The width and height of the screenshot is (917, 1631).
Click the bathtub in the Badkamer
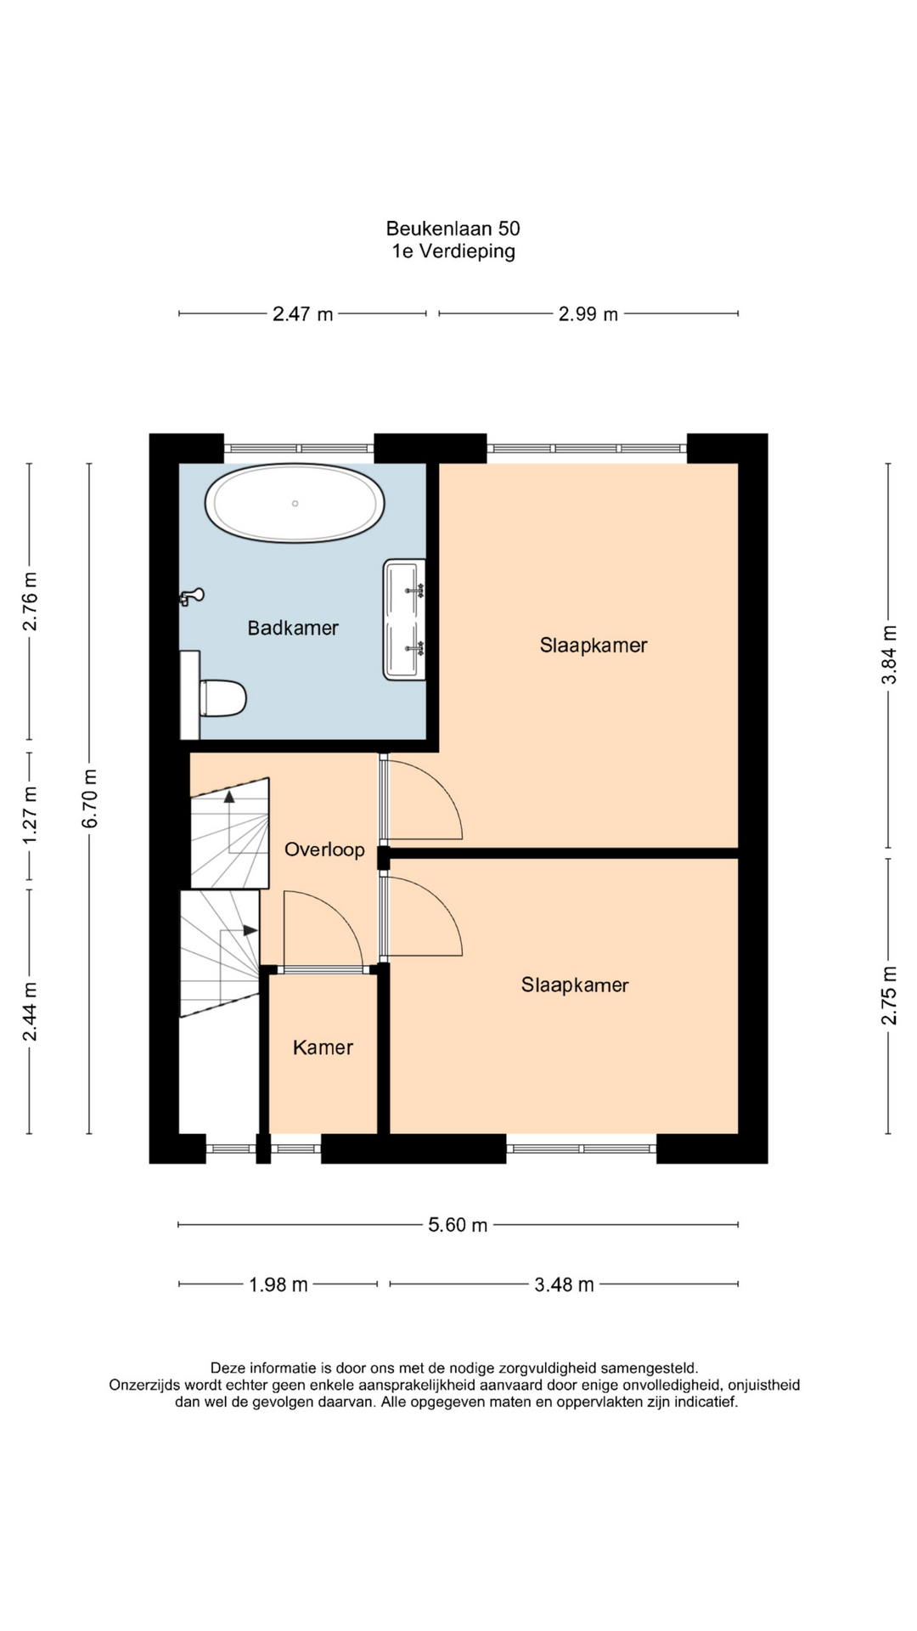click(295, 503)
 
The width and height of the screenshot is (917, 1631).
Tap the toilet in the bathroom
click(222, 697)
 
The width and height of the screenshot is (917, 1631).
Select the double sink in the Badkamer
click(404, 619)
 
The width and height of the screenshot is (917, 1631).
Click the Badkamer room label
click(293, 628)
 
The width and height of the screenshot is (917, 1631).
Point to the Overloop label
click(324, 849)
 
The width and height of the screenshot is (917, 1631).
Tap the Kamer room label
click(323, 1047)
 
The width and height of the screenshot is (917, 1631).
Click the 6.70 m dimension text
click(90, 798)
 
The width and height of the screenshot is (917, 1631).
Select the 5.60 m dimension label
click(458, 1225)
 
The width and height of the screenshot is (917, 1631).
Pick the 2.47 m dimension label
click(302, 314)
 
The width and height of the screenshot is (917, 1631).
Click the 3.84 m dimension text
click(888, 655)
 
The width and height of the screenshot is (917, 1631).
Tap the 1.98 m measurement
click(278, 1284)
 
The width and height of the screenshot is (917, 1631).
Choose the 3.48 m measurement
click(564, 1284)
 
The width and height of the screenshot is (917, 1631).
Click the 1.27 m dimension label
click(30, 815)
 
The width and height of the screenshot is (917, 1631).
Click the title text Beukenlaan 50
click(453, 229)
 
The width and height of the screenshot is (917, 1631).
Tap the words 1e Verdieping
click(453, 251)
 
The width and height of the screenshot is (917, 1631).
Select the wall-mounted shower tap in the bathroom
click(192, 596)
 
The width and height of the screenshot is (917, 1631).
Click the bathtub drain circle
click(295, 504)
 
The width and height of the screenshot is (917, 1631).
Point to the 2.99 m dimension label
click(588, 314)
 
